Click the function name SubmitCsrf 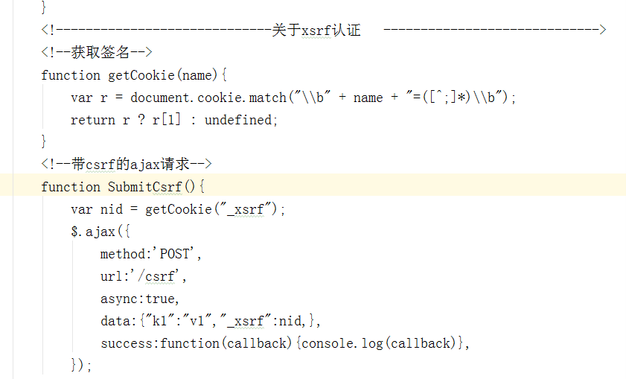[x=145, y=187]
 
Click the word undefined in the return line [x=238, y=120]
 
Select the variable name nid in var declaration [x=112, y=209]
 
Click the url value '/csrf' [x=157, y=276]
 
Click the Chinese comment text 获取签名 [x=100, y=52]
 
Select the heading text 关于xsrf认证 [x=316, y=30]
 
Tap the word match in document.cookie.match [x=267, y=98]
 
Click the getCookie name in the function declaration [x=141, y=75]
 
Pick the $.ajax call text [x=93, y=232]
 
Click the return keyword [x=92, y=120]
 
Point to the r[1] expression [x=167, y=120]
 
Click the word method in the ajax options [x=123, y=254]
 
